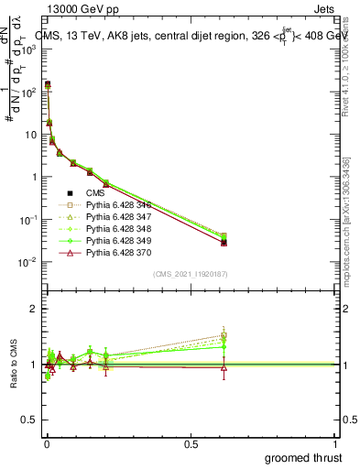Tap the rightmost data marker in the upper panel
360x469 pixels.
tap(224, 241)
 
